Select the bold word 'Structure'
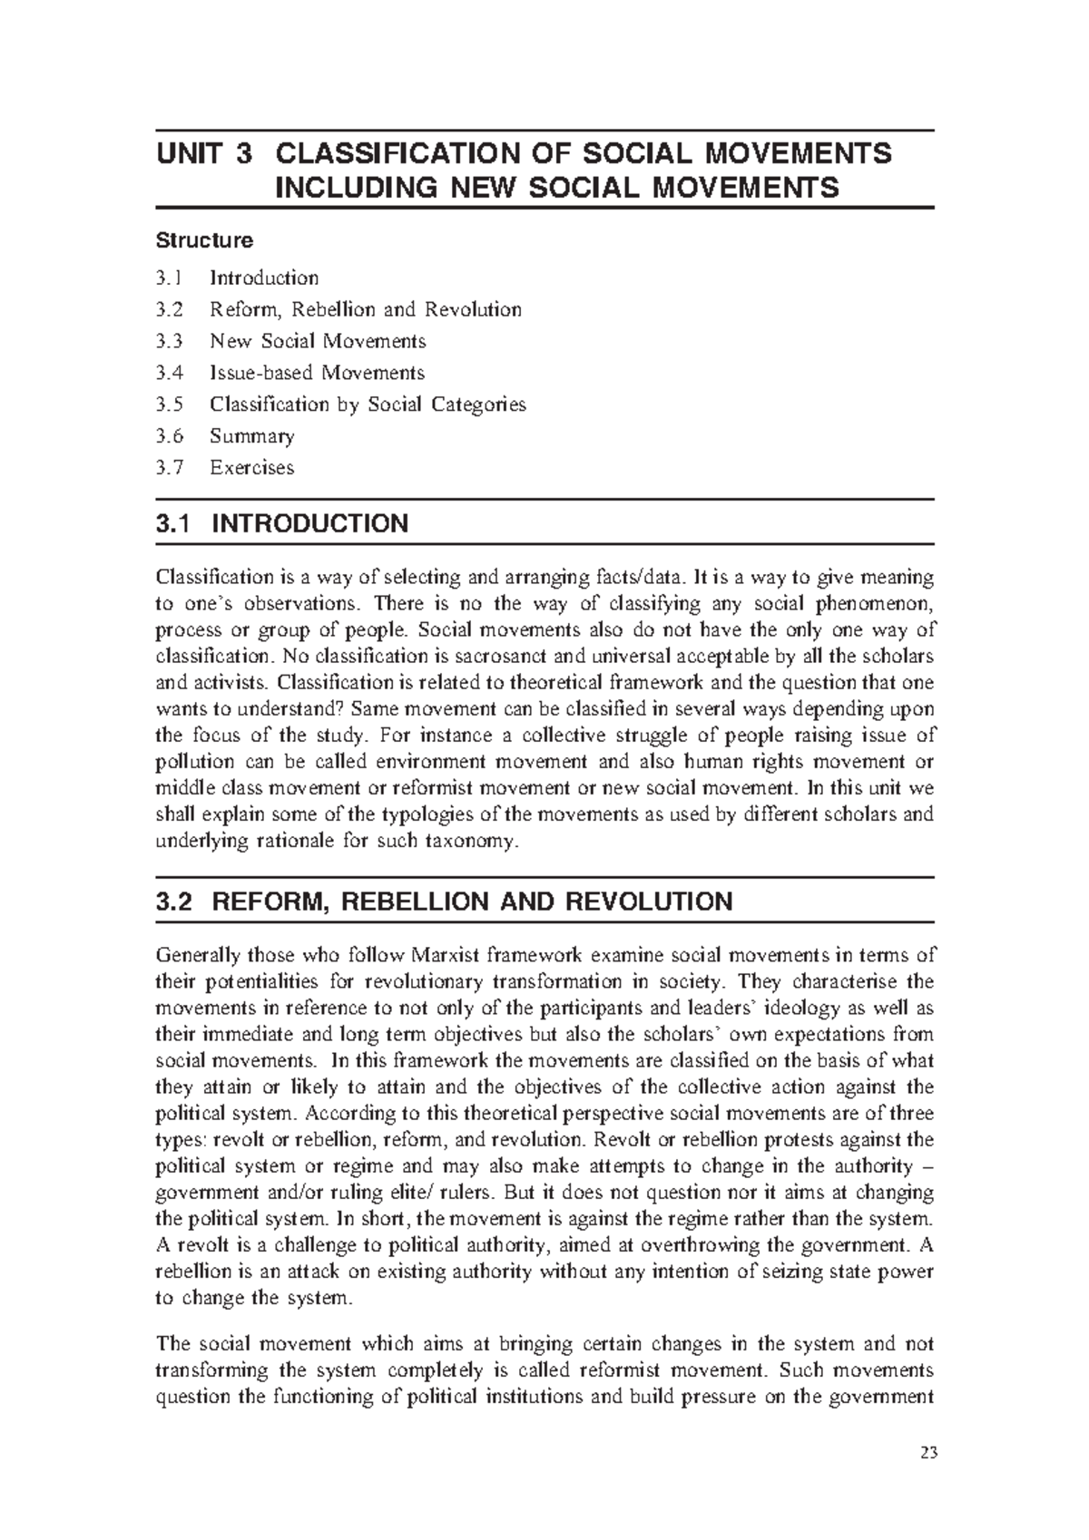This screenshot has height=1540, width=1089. point(204,240)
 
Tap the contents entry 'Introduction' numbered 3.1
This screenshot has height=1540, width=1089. point(264,278)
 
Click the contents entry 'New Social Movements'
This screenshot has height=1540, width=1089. point(318,341)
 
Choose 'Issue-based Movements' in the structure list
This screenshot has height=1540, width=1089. point(317,373)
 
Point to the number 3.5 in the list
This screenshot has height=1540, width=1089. point(169,404)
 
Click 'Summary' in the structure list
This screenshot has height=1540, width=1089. point(252,436)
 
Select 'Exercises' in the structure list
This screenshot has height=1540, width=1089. point(252,468)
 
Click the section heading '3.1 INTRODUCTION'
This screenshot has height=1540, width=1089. point(282,524)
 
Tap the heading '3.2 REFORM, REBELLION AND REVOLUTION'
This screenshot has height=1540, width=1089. point(444,902)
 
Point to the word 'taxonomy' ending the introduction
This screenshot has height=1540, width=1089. point(473,841)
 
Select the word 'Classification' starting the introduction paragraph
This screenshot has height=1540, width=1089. point(201,577)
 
